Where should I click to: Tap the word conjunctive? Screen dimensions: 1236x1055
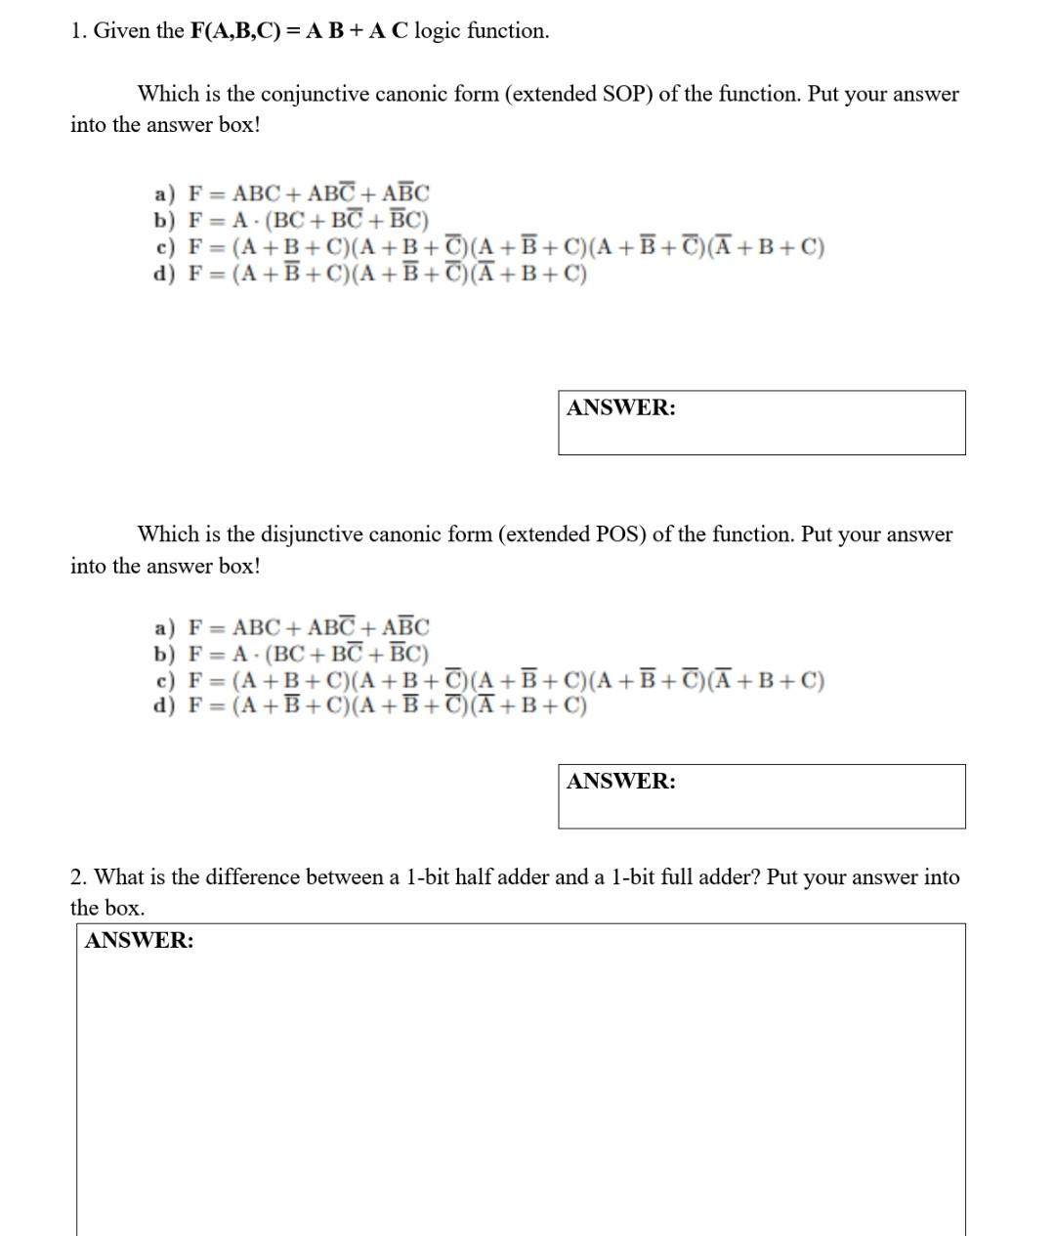coord(315,95)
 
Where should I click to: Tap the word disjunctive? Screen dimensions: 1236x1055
coord(311,534)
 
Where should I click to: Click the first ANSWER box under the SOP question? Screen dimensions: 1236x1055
coord(761,423)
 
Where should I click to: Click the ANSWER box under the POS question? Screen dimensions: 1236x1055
coord(761,796)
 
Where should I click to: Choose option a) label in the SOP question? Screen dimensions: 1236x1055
coord(164,193)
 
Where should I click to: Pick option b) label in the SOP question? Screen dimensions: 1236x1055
coord(164,220)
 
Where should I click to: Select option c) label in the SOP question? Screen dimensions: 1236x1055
coord(164,246)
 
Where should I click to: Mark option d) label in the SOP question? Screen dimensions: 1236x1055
coord(164,273)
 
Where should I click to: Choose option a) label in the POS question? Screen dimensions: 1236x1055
coord(164,626)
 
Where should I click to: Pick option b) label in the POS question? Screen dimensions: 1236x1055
coord(164,653)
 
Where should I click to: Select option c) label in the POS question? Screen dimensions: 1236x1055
coord(164,680)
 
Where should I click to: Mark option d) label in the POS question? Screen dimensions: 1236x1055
coord(164,705)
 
